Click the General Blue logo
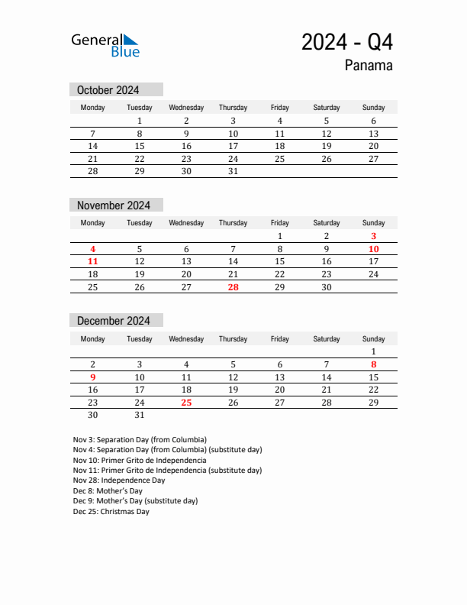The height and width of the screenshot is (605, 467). pos(105,44)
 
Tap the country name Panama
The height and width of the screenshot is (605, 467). pos(369,65)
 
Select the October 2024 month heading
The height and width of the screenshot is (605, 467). pos(108,90)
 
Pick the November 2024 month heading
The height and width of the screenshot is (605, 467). pos(114,205)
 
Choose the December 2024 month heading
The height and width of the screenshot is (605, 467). pos(114,321)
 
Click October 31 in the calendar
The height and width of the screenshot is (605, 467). pos(233,171)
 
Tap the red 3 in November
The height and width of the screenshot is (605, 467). pos(373,236)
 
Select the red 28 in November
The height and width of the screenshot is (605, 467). pos(233,286)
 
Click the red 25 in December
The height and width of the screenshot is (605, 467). pos(186,402)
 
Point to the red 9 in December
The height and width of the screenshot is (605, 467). pos(93,377)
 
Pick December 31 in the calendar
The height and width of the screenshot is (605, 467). pos(140,415)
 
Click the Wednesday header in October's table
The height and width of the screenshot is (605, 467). pos(186,108)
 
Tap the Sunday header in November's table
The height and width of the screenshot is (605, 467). pos(373,223)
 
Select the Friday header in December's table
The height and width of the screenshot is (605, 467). pos(279,338)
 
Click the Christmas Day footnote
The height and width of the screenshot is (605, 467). pos(111,512)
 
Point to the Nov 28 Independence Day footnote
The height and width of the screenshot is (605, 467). pos(119,480)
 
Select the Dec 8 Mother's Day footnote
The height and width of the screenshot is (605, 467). pos(108,491)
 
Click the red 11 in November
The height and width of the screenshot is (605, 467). pos(93,261)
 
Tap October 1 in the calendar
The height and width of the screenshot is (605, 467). pos(140,121)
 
